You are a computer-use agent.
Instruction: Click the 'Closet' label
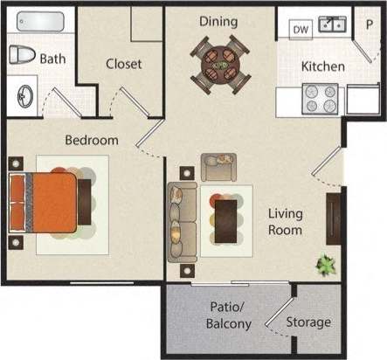tap(124, 64)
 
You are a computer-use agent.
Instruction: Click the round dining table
tap(218, 64)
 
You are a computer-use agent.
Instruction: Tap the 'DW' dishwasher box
tap(301, 30)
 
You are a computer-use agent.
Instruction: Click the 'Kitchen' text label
tap(322, 66)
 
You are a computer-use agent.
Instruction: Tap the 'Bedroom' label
tap(91, 140)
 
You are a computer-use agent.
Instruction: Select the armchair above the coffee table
tap(218, 166)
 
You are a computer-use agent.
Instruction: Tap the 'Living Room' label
tap(285, 222)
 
